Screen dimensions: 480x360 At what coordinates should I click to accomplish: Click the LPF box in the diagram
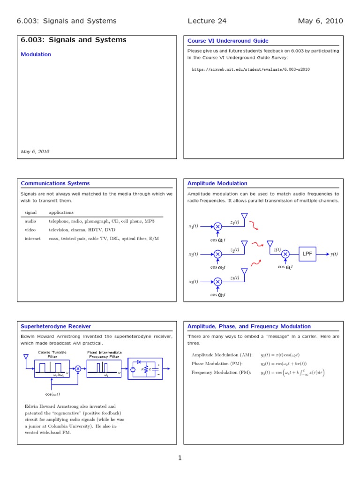click(x=307, y=254)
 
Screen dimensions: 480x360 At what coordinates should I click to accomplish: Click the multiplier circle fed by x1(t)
click(x=217, y=226)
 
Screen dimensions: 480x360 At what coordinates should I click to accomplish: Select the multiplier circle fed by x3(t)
click(x=217, y=282)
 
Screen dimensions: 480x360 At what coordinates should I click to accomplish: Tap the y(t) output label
click(x=334, y=254)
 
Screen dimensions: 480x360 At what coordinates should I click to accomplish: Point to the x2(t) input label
click(x=194, y=254)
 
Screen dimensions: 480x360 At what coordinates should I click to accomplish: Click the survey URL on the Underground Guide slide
click(x=251, y=69)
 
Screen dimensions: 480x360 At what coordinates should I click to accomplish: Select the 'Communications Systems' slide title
click(x=55, y=183)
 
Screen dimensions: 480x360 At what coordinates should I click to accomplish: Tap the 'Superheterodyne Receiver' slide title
click(x=56, y=326)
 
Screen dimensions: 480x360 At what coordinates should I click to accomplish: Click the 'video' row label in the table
click(x=30, y=230)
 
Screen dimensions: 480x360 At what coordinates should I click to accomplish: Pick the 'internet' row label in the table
click(x=32, y=239)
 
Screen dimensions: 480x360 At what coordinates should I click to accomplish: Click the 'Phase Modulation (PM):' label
click(x=217, y=363)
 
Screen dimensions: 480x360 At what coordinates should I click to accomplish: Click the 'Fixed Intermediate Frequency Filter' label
click(x=105, y=354)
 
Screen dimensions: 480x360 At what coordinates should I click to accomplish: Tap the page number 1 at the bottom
click(x=180, y=458)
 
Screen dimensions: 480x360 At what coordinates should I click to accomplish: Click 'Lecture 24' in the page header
click(x=207, y=21)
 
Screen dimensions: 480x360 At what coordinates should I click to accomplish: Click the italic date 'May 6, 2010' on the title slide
click(x=35, y=151)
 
